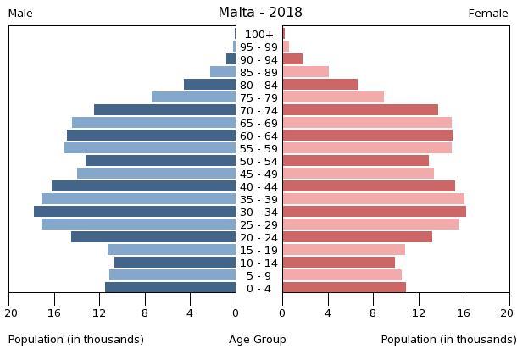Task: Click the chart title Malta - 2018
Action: (x=259, y=12)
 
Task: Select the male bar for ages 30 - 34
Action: (x=135, y=212)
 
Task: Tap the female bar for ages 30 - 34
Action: (x=374, y=212)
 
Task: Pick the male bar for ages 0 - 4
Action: (x=170, y=288)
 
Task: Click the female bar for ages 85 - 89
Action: (x=305, y=72)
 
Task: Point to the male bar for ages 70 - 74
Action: (x=165, y=110)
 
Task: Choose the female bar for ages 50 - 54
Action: (x=355, y=161)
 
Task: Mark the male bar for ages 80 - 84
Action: (x=210, y=85)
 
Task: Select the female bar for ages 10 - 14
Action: (x=338, y=263)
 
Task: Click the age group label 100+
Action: (x=258, y=34)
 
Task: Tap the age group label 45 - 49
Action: (x=258, y=174)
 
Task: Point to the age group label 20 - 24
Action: (x=258, y=237)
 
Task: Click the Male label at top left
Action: (x=20, y=14)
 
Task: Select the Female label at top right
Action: (x=488, y=14)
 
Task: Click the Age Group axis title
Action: (x=258, y=340)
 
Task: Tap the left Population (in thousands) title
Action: (x=76, y=340)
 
